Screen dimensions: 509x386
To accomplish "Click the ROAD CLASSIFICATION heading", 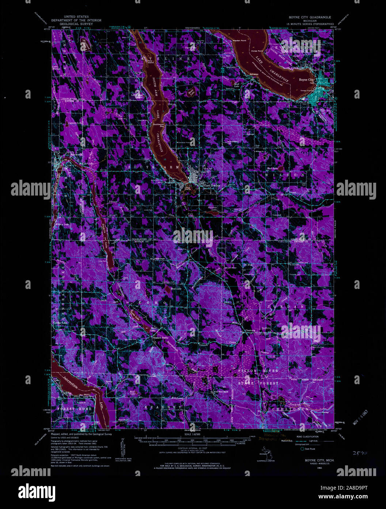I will (x=305, y=437).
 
